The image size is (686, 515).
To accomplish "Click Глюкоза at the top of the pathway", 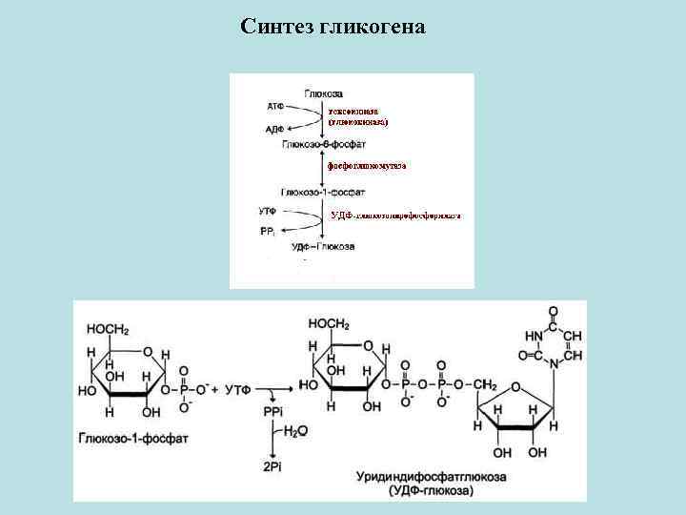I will point(324,93).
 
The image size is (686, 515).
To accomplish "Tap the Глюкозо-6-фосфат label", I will point(318,143).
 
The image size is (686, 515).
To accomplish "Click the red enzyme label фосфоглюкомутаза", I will point(367,166).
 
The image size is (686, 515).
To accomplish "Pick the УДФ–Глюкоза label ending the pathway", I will point(323,246).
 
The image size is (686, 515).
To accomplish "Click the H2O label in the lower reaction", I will point(296,431).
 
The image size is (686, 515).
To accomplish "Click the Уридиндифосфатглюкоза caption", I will point(432,476).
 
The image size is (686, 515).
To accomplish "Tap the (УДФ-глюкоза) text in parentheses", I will point(432,490).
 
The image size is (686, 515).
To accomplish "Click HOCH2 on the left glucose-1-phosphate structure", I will point(107,329).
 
